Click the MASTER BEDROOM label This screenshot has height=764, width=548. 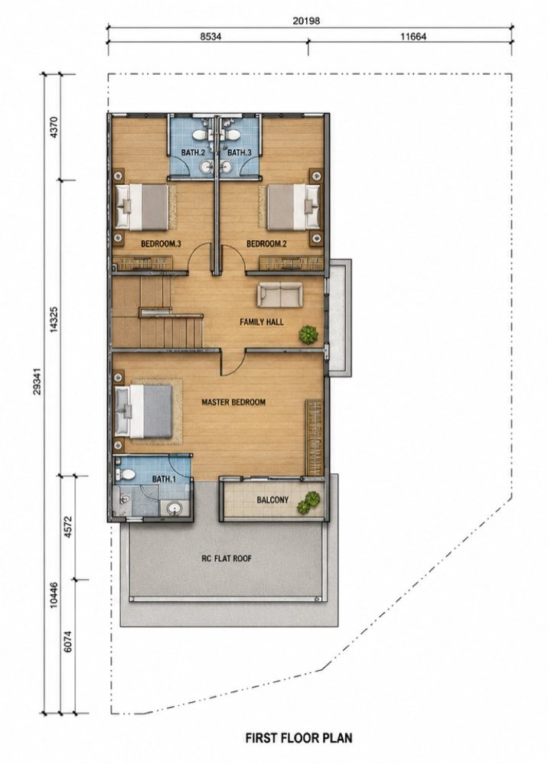(x=233, y=402)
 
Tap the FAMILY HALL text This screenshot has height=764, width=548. (x=261, y=322)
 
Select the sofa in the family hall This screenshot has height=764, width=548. (x=280, y=295)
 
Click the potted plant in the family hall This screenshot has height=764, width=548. (x=308, y=334)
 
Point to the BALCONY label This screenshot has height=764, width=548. (x=272, y=500)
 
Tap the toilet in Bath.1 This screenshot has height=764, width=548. (x=126, y=474)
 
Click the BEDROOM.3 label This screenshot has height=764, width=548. (x=161, y=244)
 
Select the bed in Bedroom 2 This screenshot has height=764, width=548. (x=293, y=206)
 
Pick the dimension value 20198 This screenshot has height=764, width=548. (x=306, y=21)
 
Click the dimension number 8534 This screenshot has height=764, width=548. (x=210, y=37)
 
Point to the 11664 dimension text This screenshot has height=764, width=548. (x=413, y=37)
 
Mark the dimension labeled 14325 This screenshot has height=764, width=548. (x=54, y=319)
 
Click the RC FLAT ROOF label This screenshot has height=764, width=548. (x=227, y=558)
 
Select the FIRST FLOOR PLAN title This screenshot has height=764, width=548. (x=298, y=738)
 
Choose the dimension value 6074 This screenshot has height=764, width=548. (x=68, y=642)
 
